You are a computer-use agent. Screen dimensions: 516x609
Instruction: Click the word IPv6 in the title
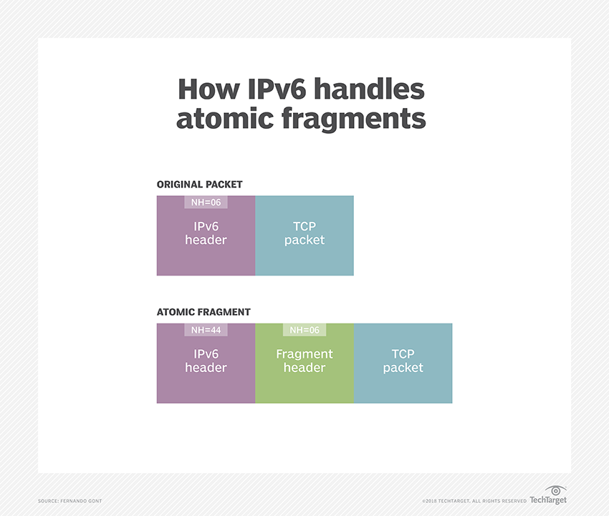tap(261, 89)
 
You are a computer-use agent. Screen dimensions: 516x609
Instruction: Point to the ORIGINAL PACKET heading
tap(199, 185)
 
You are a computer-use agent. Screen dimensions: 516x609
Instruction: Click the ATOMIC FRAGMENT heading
tap(203, 312)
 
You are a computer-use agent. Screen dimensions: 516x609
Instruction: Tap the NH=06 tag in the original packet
tap(206, 203)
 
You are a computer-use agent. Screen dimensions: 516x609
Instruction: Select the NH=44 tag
tap(206, 330)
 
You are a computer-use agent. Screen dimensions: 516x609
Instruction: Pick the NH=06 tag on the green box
tap(304, 330)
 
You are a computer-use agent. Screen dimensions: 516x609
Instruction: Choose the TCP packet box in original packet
tap(304, 236)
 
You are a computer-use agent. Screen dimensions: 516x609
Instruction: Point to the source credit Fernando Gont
tap(69, 500)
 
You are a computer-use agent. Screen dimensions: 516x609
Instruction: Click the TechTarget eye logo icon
tap(555, 491)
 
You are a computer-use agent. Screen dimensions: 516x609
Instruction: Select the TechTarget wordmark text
tap(548, 500)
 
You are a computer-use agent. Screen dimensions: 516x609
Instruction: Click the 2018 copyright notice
tap(474, 500)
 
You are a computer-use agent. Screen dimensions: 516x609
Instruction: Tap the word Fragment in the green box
tap(304, 354)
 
